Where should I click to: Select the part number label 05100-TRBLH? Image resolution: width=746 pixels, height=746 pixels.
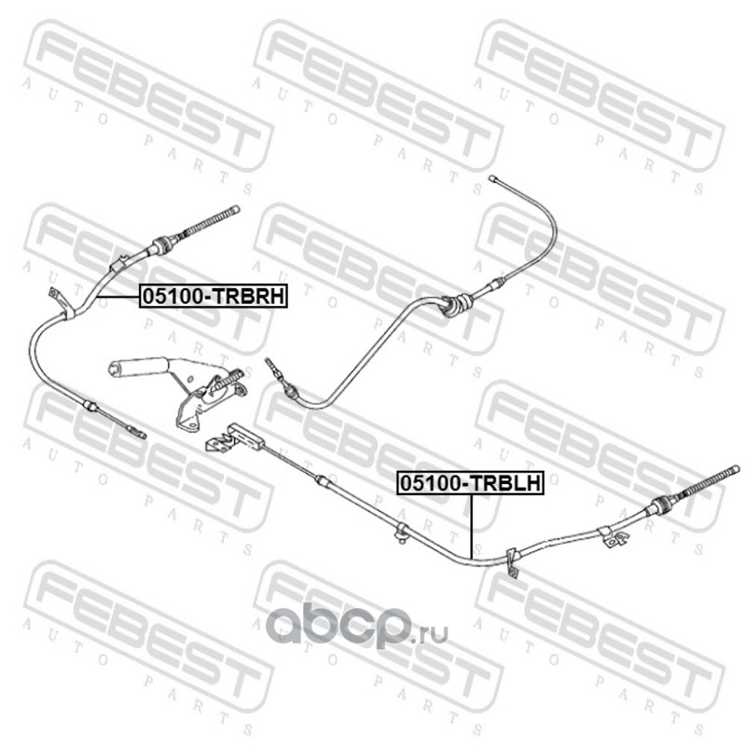tap(471, 483)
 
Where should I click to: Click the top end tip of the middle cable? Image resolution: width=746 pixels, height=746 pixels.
tap(492, 177)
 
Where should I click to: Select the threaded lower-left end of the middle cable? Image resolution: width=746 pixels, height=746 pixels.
tap(275, 367)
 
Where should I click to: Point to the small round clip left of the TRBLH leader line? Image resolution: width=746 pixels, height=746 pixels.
tap(400, 532)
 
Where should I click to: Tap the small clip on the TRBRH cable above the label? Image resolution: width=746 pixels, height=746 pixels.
tap(119, 265)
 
